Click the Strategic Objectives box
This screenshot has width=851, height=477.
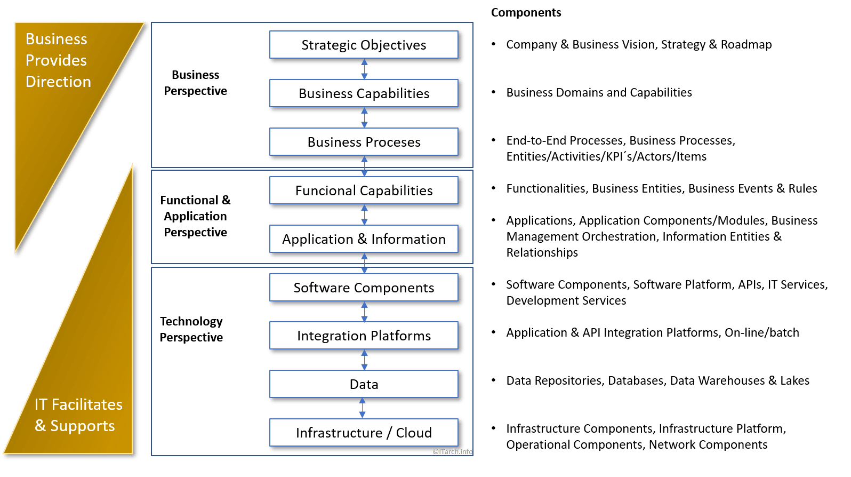click(364, 45)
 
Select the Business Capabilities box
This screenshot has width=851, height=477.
click(364, 93)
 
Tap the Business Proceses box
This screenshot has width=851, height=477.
click(364, 142)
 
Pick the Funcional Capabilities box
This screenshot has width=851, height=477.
click(364, 190)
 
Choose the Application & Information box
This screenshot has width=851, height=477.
click(364, 239)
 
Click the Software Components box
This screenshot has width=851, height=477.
click(364, 288)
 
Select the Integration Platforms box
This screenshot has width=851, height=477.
click(364, 336)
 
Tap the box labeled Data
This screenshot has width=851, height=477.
click(364, 384)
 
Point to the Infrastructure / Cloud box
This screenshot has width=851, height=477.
click(364, 433)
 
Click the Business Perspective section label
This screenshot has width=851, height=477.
click(195, 83)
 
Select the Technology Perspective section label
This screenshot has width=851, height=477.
click(191, 329)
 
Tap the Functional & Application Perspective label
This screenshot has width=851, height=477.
click(195, 216)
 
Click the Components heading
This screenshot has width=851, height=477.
click(526, 12)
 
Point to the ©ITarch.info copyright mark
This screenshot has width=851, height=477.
click(452, 451)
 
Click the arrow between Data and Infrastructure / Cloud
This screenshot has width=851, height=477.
click(363, 408)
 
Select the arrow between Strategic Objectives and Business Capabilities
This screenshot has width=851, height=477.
click(364, 69)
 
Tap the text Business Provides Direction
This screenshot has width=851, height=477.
click(58, 60)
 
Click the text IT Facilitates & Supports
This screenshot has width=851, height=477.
click(78, 415)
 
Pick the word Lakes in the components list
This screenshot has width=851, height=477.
click(794, 380)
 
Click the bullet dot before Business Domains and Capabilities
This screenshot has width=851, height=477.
click(494, 92)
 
